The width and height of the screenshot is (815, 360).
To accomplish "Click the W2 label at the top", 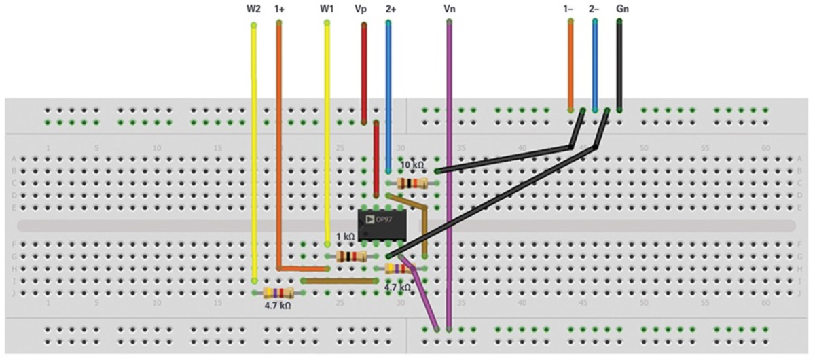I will (x=253, y=10).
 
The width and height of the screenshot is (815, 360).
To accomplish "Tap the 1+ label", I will (x=279, y=10).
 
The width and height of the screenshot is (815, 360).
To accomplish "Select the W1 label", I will (x=327, y=10).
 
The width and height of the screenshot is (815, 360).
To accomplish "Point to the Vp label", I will (x=363, y=10).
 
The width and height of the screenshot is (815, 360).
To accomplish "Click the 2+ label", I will (x=390, y=10).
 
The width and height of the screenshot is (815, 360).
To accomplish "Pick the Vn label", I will (x=449, y=10).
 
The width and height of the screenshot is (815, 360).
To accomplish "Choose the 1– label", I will (x=569, y=10).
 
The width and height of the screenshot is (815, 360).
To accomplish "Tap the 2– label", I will (x=594, y=10).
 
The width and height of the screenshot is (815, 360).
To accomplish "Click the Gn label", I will (x=621, y=10).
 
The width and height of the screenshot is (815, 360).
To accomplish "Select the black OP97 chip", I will (x=382, y=224).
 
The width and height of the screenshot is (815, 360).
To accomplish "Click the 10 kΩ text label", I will (x=412, y=165).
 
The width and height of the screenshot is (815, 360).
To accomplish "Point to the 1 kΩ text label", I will (x=346, y=237).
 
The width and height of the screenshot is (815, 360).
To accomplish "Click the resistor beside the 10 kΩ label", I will (x=412, y=183).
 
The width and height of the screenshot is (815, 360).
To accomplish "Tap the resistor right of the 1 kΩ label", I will (x=352, y=256).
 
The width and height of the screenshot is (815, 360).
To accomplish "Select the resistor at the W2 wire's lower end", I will (x=278, y=293).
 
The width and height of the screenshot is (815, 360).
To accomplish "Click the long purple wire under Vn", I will (x=449, y=170).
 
